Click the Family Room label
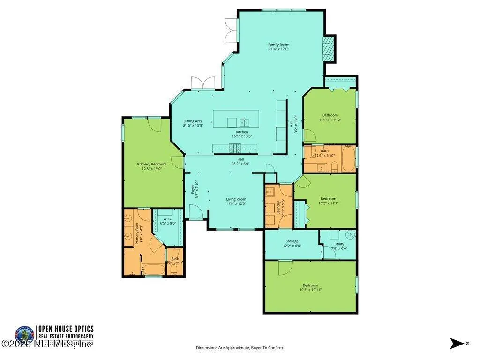[278, 45]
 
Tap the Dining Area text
[193, 121]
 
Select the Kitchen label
[242, 132]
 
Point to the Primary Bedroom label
[151, 164]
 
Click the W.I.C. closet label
[168, 219]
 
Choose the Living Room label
[236, 199]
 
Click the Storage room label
[292, 241]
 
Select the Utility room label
[339, 244]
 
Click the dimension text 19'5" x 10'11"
[311, 290]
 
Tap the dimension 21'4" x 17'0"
[278, 49]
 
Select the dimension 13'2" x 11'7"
[328, 203]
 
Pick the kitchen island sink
[244, 123]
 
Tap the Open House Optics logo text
[66, 329]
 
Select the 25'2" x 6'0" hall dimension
[240, 164]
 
